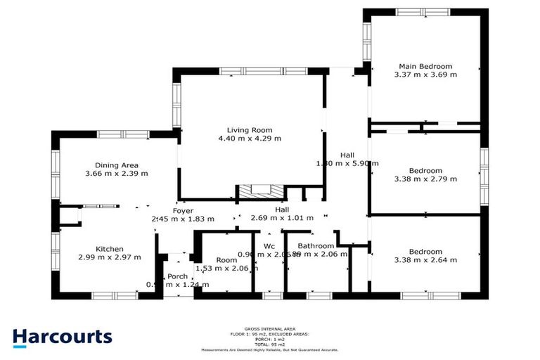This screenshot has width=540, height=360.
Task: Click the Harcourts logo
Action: pyautogui.click(x=62, y=337)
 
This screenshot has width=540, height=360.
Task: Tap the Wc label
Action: pyautogui.click(x=269, y=245)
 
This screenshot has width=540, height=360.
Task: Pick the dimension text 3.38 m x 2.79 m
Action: pyautogui.click(x=426, y=179)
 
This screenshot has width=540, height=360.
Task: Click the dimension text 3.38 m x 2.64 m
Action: pyautogui.click(x=426, y=260)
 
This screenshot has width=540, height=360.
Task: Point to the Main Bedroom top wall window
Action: pyautogui.click(x=423, y=11)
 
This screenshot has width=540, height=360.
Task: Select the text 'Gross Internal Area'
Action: pyautogui.click(x=269, y=328)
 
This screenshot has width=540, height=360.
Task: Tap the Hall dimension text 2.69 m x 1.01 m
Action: pyautogui.click(x=281, y=219)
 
